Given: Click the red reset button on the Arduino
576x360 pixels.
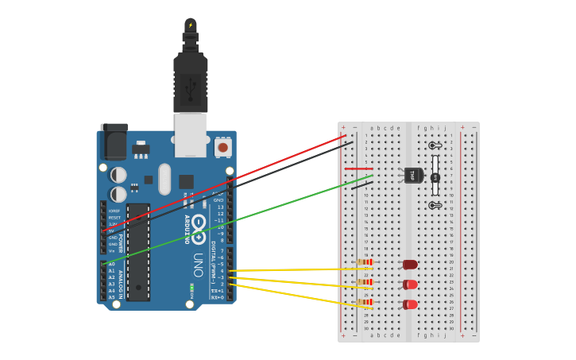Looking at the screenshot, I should pyautogui.click(x=223, y=147).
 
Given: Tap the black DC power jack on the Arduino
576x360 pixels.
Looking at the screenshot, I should pyautogui.click(x=114, y=142).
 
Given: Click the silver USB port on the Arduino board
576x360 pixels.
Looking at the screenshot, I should pyautogui.click(x=191, y=135).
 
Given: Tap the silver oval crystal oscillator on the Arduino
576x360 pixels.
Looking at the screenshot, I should pyautogui.click(x=164, y=179).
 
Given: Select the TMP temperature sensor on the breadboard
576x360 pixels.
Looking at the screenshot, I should pyautogui.click(x=412, y=175).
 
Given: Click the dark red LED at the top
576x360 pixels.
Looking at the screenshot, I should pyautogui.click(x=410, y=265).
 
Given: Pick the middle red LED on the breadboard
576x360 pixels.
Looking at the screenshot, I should pyautogui.click(x=410, y=285).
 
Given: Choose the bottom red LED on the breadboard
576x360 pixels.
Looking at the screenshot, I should pyautogui.click(x=410, y=304).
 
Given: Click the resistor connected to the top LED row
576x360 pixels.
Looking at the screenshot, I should pyautogui.click(x=365, y=262).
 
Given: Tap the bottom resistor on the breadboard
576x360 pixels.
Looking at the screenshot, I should pyautogui.click(x=365, y=302).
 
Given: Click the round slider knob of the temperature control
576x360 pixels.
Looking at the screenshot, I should pyautogui.click(x=435, y=178).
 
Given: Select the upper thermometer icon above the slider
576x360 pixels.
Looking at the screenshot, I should pyautogui.click(x=435, y=145).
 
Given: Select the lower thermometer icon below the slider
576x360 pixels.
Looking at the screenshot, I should pyautogui.click(x=435, y=205).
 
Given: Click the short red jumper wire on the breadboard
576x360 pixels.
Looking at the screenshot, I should pyautogui.click(x=358, y=168).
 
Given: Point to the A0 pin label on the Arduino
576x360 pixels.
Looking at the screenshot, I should pyautogui.click(x=111, y=264).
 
